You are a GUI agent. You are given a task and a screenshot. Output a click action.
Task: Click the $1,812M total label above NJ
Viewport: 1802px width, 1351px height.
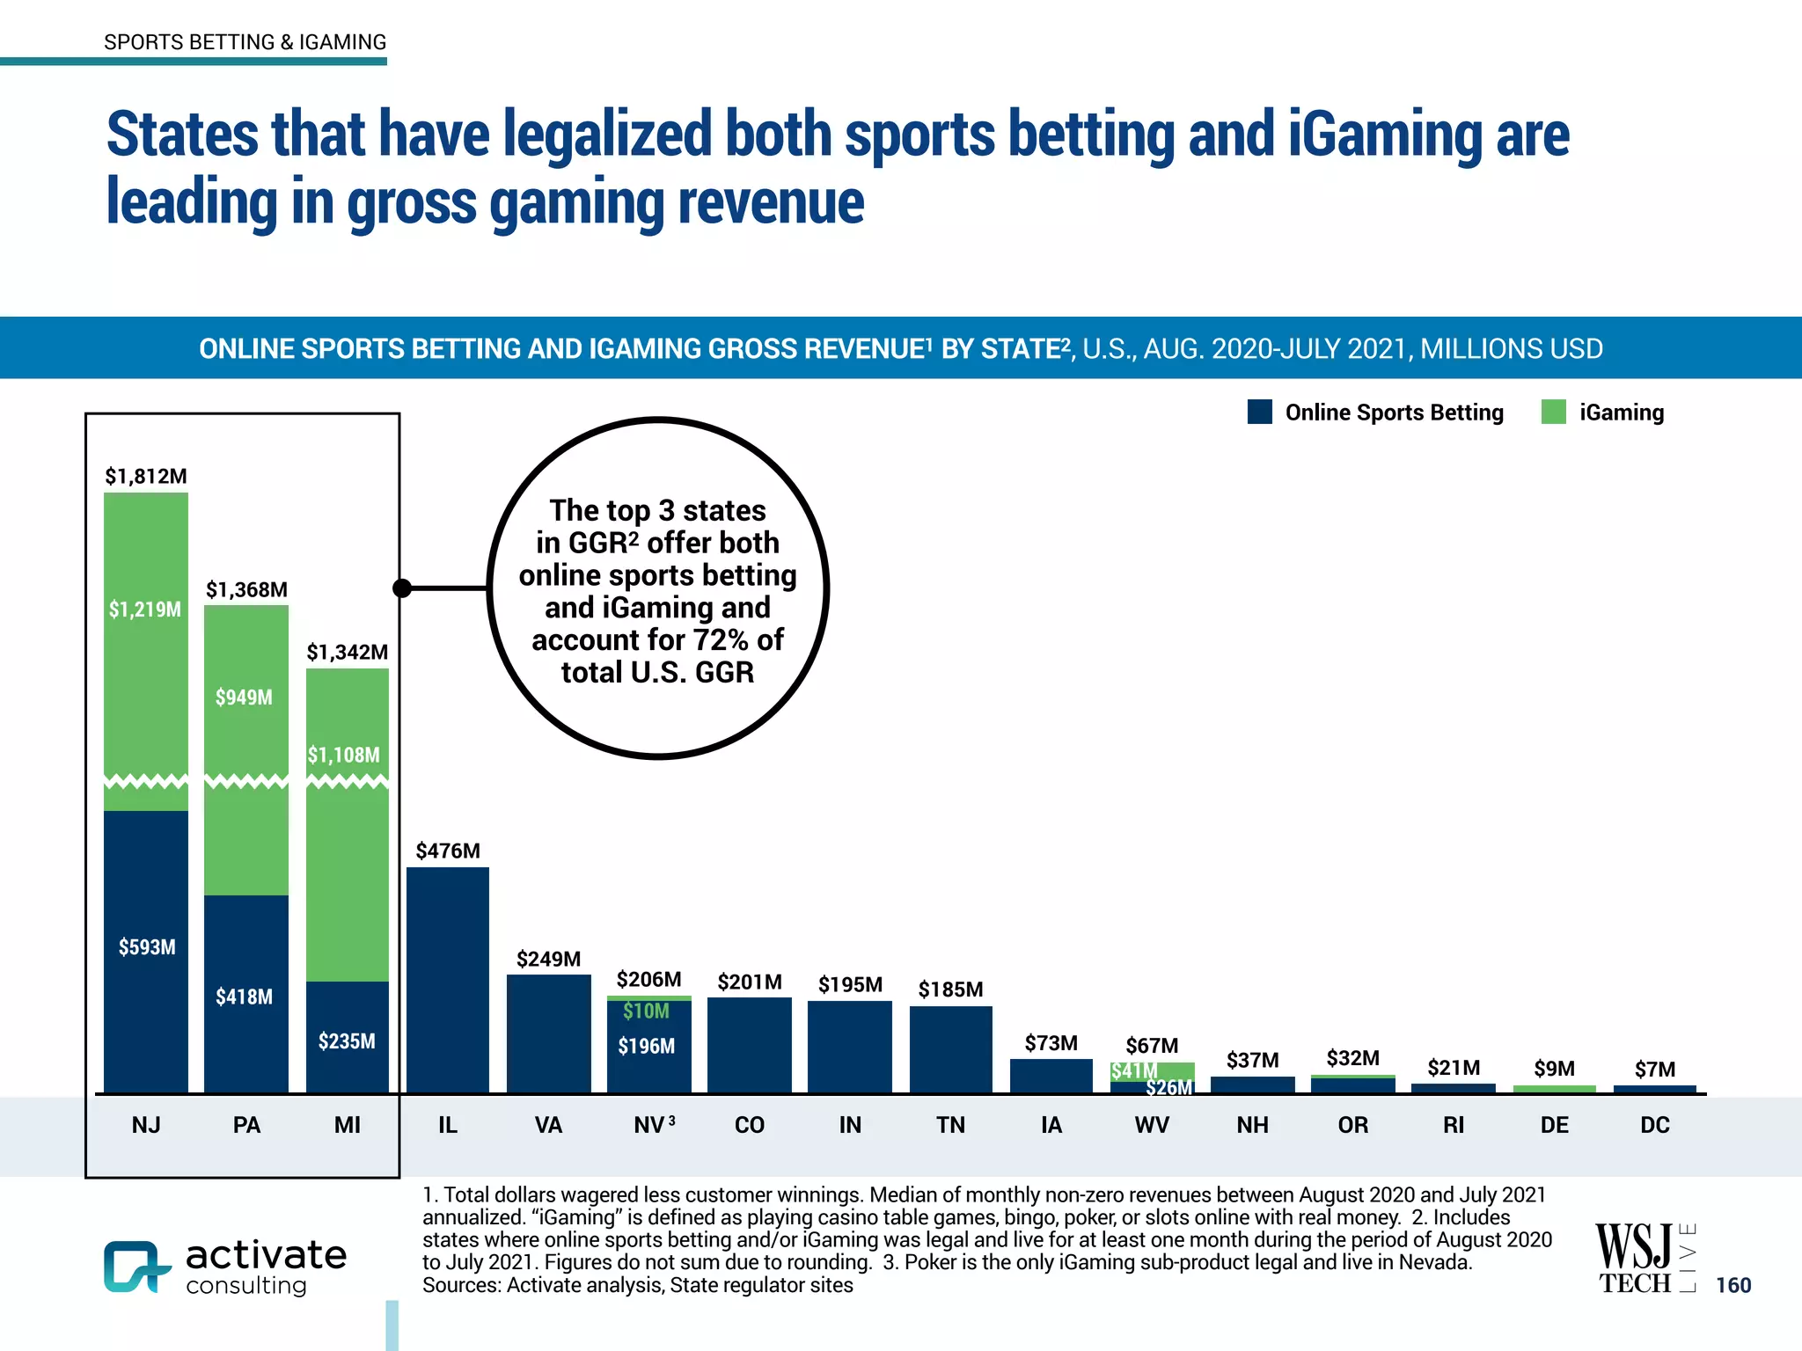point(146,476)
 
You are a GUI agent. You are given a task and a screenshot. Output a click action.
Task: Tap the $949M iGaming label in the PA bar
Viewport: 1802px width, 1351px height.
point(244,697)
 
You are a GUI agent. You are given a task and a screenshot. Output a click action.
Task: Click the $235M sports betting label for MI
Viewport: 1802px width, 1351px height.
point(347,1041)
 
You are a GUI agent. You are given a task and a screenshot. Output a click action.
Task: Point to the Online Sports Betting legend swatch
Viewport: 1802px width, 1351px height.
point(1260,412)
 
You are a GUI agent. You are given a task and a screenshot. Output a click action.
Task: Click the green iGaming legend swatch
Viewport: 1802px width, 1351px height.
point(1553,412)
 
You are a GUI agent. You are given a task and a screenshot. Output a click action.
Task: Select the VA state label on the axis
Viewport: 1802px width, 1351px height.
point(548,1125)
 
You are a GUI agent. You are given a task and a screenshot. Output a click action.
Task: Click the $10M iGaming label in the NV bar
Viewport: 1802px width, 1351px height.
point(647,1011)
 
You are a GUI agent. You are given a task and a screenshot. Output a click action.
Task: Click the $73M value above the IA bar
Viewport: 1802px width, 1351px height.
point(1051,1043)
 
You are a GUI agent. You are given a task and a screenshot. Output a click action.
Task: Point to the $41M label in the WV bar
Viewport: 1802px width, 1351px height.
point(1133,1071)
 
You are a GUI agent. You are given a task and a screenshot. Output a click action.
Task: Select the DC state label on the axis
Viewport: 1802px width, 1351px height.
point(1654,1125)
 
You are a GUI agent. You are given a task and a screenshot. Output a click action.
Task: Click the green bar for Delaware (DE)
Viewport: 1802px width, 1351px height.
point(1554,1089)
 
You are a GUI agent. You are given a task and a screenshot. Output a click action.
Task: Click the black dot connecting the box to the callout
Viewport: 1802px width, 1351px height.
point(402,588)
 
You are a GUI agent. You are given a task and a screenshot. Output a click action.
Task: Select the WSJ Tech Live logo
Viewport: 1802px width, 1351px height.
point(1644,1258)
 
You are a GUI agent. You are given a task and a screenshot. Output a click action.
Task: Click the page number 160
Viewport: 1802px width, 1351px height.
point(1733,1285)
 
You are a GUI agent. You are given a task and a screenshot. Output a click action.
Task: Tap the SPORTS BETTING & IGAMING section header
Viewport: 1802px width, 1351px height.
point(245,42)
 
